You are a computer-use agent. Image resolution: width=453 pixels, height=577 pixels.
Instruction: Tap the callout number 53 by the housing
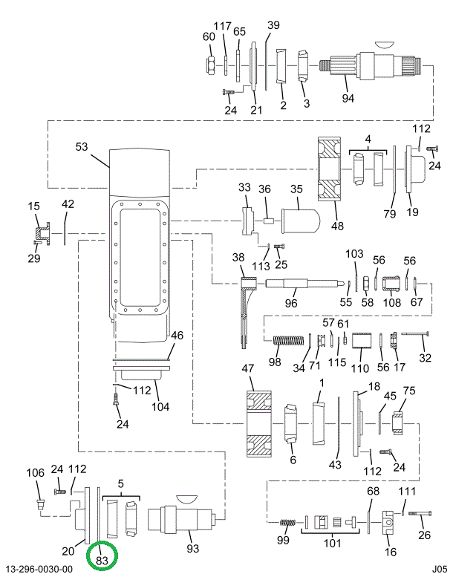point(82,146)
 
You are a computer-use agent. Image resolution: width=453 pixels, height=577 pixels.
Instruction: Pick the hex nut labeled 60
point(210,65)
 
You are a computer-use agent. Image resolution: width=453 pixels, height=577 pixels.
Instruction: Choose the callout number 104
point(160,406)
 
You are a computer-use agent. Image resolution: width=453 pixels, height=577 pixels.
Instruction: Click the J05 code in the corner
point(440,569)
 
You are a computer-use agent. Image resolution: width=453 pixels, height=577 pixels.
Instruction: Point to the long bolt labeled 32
point(416,335)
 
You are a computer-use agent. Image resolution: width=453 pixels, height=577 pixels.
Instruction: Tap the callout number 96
point(290,302)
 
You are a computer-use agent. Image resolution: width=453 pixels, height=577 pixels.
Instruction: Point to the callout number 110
point(359,368)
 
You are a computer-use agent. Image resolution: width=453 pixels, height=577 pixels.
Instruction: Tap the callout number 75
point(409,391)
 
